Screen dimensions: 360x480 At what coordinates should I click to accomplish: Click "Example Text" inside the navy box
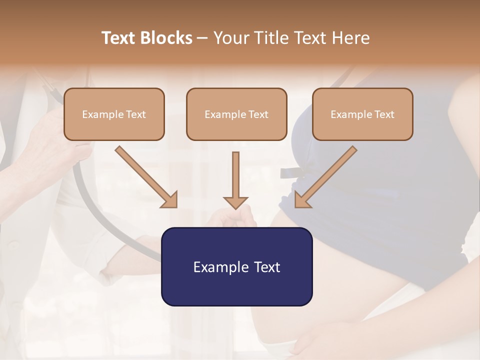pyautogui.click(x=236, y=267)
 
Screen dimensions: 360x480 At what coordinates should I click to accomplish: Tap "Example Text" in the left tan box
pyautogui.click(x=114, y=114)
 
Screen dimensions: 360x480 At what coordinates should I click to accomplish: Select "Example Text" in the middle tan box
pyautogui.click(x=236, y=114)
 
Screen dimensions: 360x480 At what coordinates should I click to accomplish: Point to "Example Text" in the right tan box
pyautogui.click(x=362, y=114)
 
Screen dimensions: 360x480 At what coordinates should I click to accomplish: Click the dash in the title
pyautogui.click(x=202, y=38)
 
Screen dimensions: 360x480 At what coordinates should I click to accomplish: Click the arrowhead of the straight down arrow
pyautogui.click(x=235, y=202)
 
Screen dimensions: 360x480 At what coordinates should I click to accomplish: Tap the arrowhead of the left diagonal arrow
pyautogui.click(x=170, y=200)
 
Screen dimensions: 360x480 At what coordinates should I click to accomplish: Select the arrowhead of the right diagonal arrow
pyautogui.click(x=301, y=200)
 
